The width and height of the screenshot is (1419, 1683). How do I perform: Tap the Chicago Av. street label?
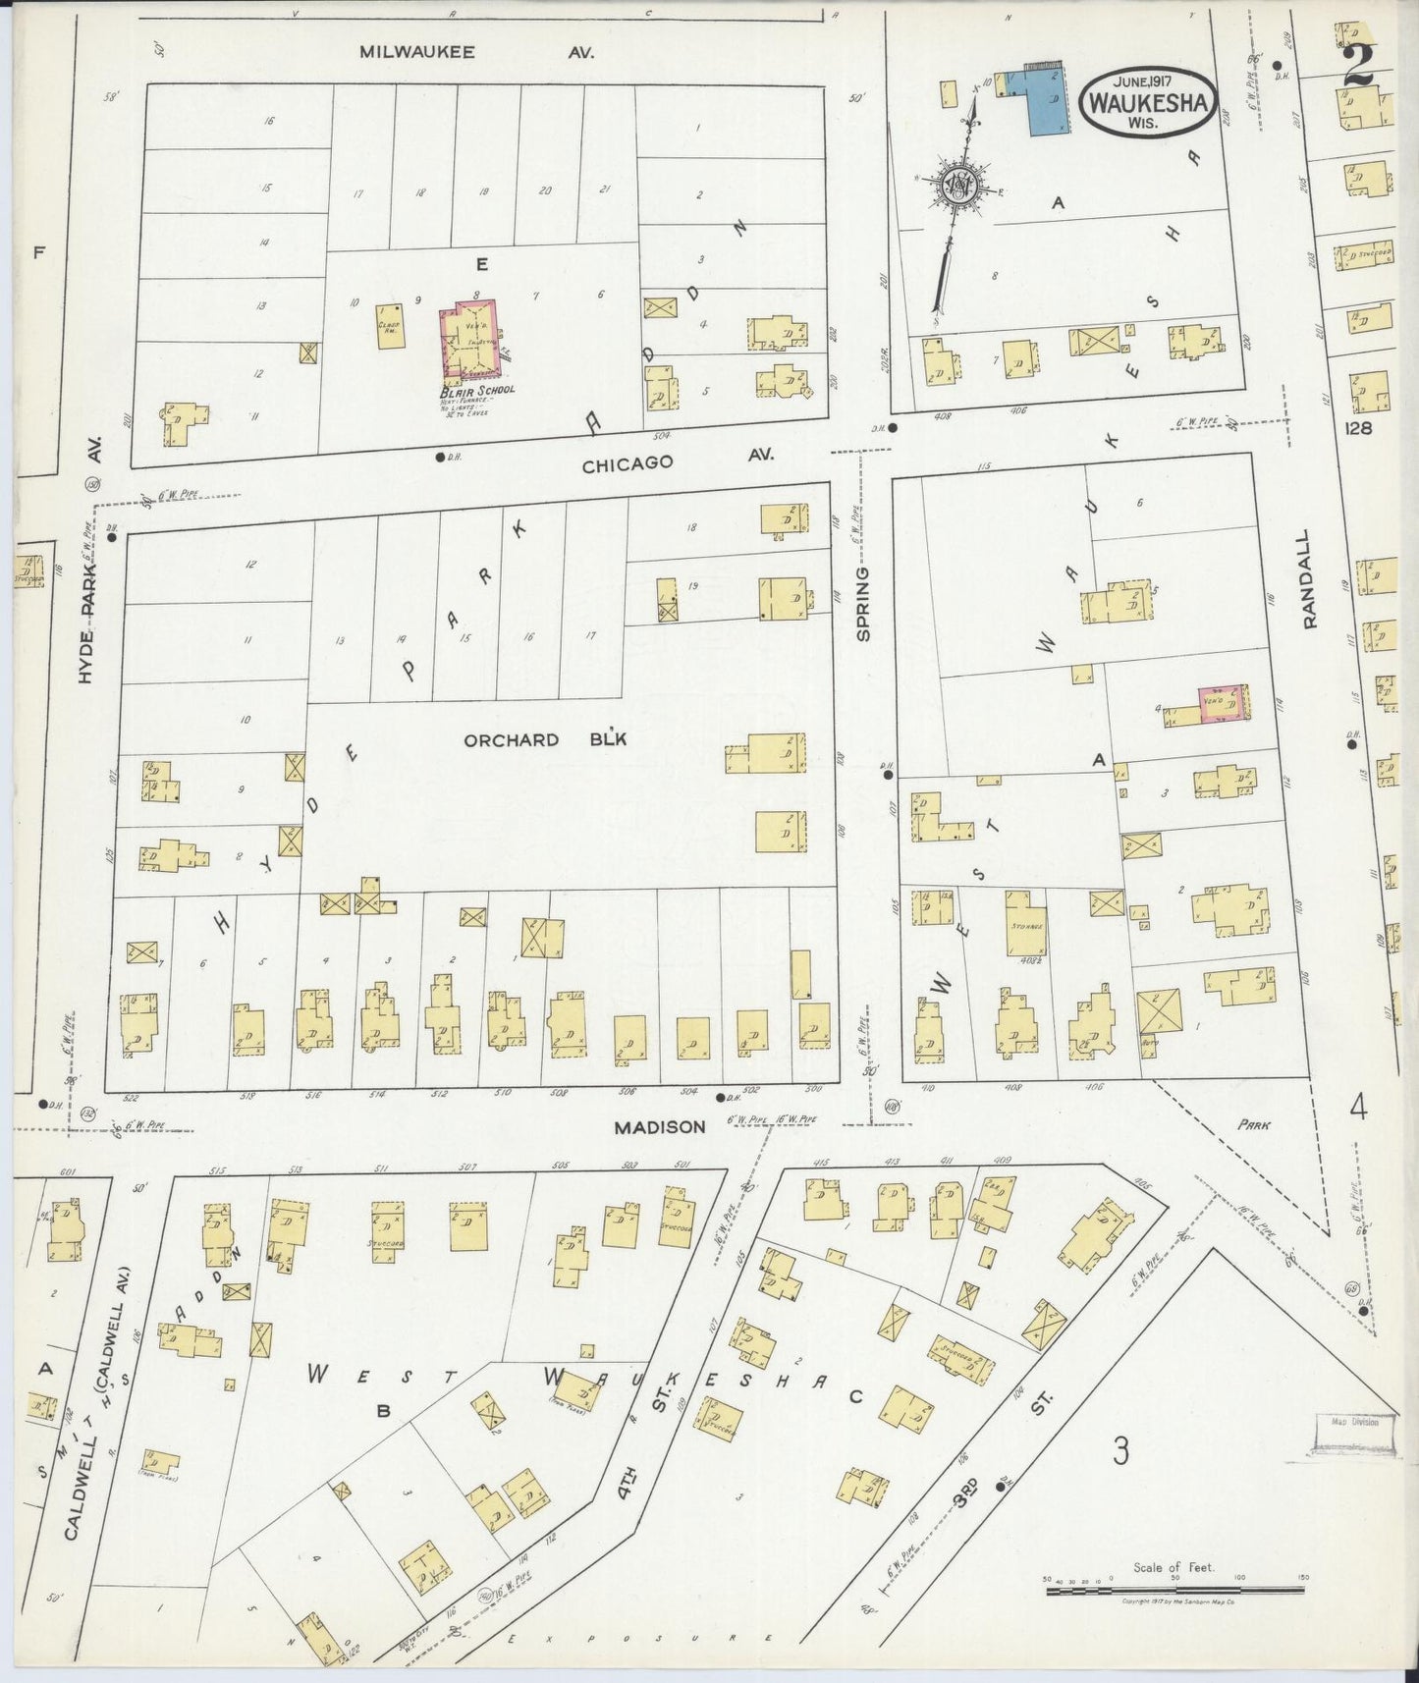pyautogui.click(x=678, y=461)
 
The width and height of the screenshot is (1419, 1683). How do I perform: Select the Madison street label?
pyautogui.click(x=660, y=1127)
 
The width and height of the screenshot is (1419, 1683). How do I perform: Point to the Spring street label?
pyautogui.click(x=864, y=604)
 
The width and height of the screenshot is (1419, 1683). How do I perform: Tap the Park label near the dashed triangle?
pyautogui.click(x=1253, y=1125)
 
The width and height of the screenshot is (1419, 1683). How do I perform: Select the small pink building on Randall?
pyautogui.click(x=1223, y=703)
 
